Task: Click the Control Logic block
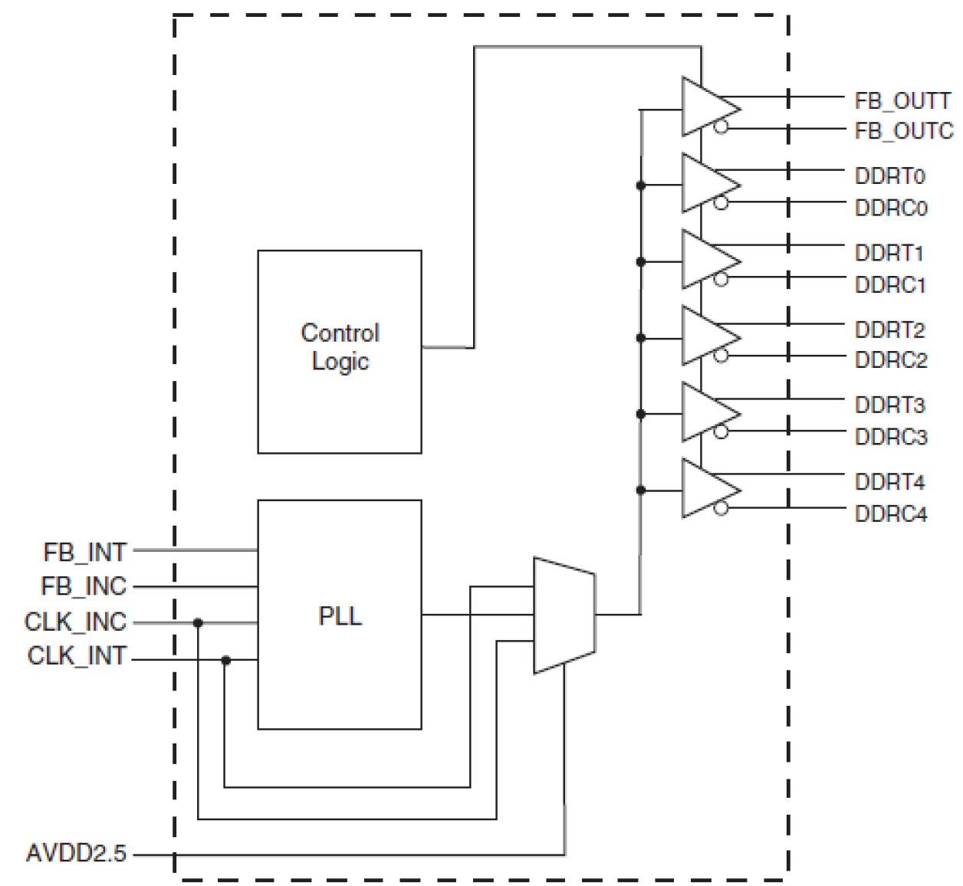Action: [339, 351]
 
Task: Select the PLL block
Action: [339, 614]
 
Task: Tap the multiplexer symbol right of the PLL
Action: [564, 615]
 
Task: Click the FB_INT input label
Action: [85, 551]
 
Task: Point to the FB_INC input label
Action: [84, 586]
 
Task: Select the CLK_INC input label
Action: [76, 622]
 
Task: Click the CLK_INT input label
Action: [77, 657]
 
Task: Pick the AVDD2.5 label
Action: [76, 853]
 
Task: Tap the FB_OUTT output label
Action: [902, 100]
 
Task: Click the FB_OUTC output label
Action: [903, 131]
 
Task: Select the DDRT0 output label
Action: [890, 176]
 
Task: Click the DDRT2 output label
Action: [890, 330]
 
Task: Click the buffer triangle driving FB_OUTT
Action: [705, 107]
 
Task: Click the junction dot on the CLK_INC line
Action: [198, 623]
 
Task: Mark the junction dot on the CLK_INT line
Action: [225, 660]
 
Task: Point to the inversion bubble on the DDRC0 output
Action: [720, 203]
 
